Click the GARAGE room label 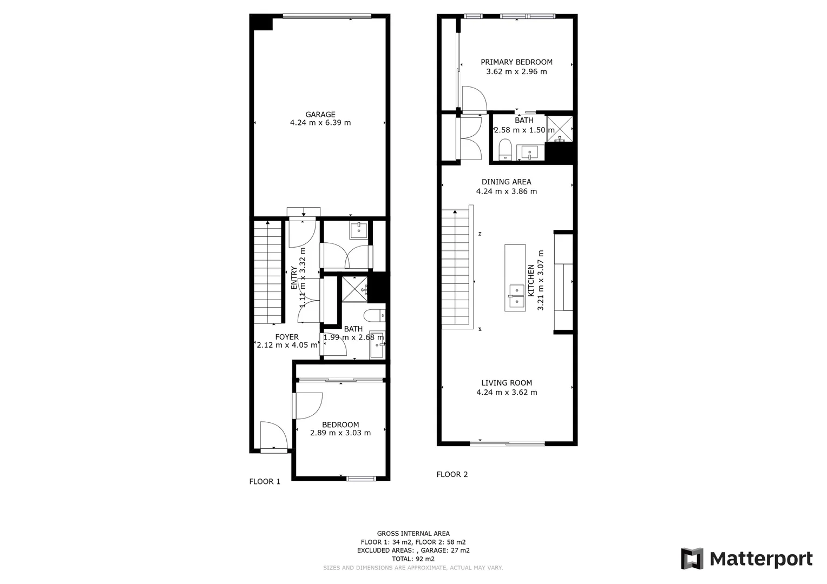320,114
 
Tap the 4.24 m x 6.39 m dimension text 320,123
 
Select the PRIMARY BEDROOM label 516,62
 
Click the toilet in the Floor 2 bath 505,150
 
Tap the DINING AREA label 506,182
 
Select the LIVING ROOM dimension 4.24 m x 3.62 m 507,393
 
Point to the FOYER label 286,337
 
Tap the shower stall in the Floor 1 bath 355,289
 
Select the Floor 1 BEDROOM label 340,424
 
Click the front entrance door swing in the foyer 273,435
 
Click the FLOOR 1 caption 265,481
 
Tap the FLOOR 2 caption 452,474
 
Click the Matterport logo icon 692,559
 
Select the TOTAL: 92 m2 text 413,559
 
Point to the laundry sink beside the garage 359,230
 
